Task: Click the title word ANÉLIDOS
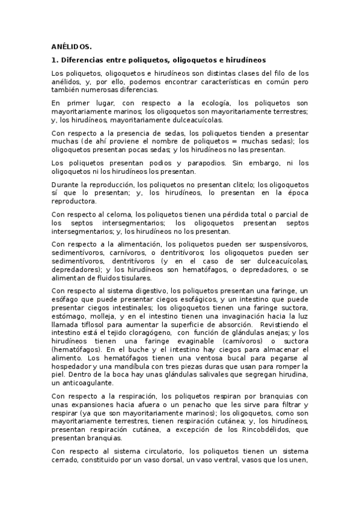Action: (x=72, y=46)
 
